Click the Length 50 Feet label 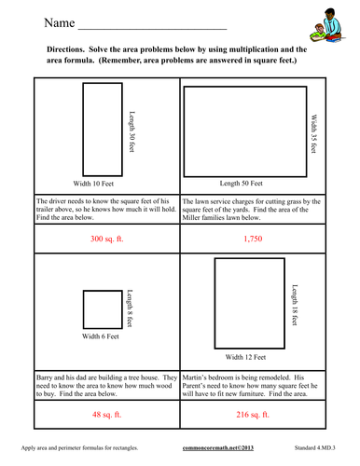coord(246,184)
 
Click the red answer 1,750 coord(253,240)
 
